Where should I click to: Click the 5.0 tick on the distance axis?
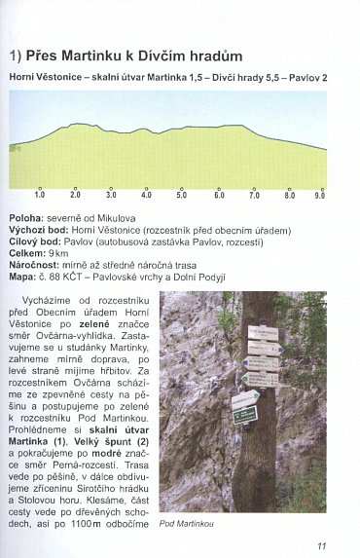(181, 195)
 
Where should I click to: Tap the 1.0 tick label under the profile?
(40, 195)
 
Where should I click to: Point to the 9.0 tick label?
(319, 195)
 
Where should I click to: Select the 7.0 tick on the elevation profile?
(254, 195)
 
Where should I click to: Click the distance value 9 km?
(58, 252)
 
